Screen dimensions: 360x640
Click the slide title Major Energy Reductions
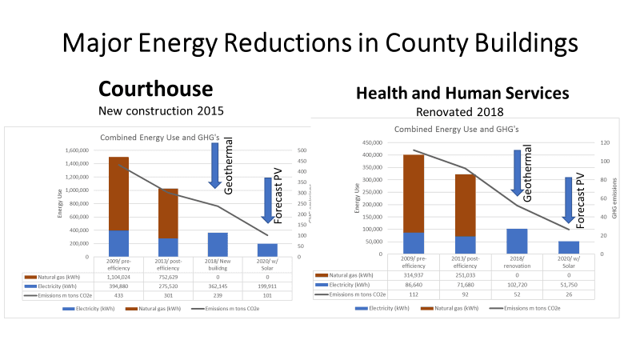(320, 42)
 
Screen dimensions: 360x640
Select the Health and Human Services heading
(462, 94)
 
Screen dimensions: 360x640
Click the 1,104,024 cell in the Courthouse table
(118, 277)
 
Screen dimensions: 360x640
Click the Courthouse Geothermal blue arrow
(215, 165)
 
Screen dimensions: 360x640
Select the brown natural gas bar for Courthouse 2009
(118, 193)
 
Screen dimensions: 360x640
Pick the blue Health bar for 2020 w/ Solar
(568, 247)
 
